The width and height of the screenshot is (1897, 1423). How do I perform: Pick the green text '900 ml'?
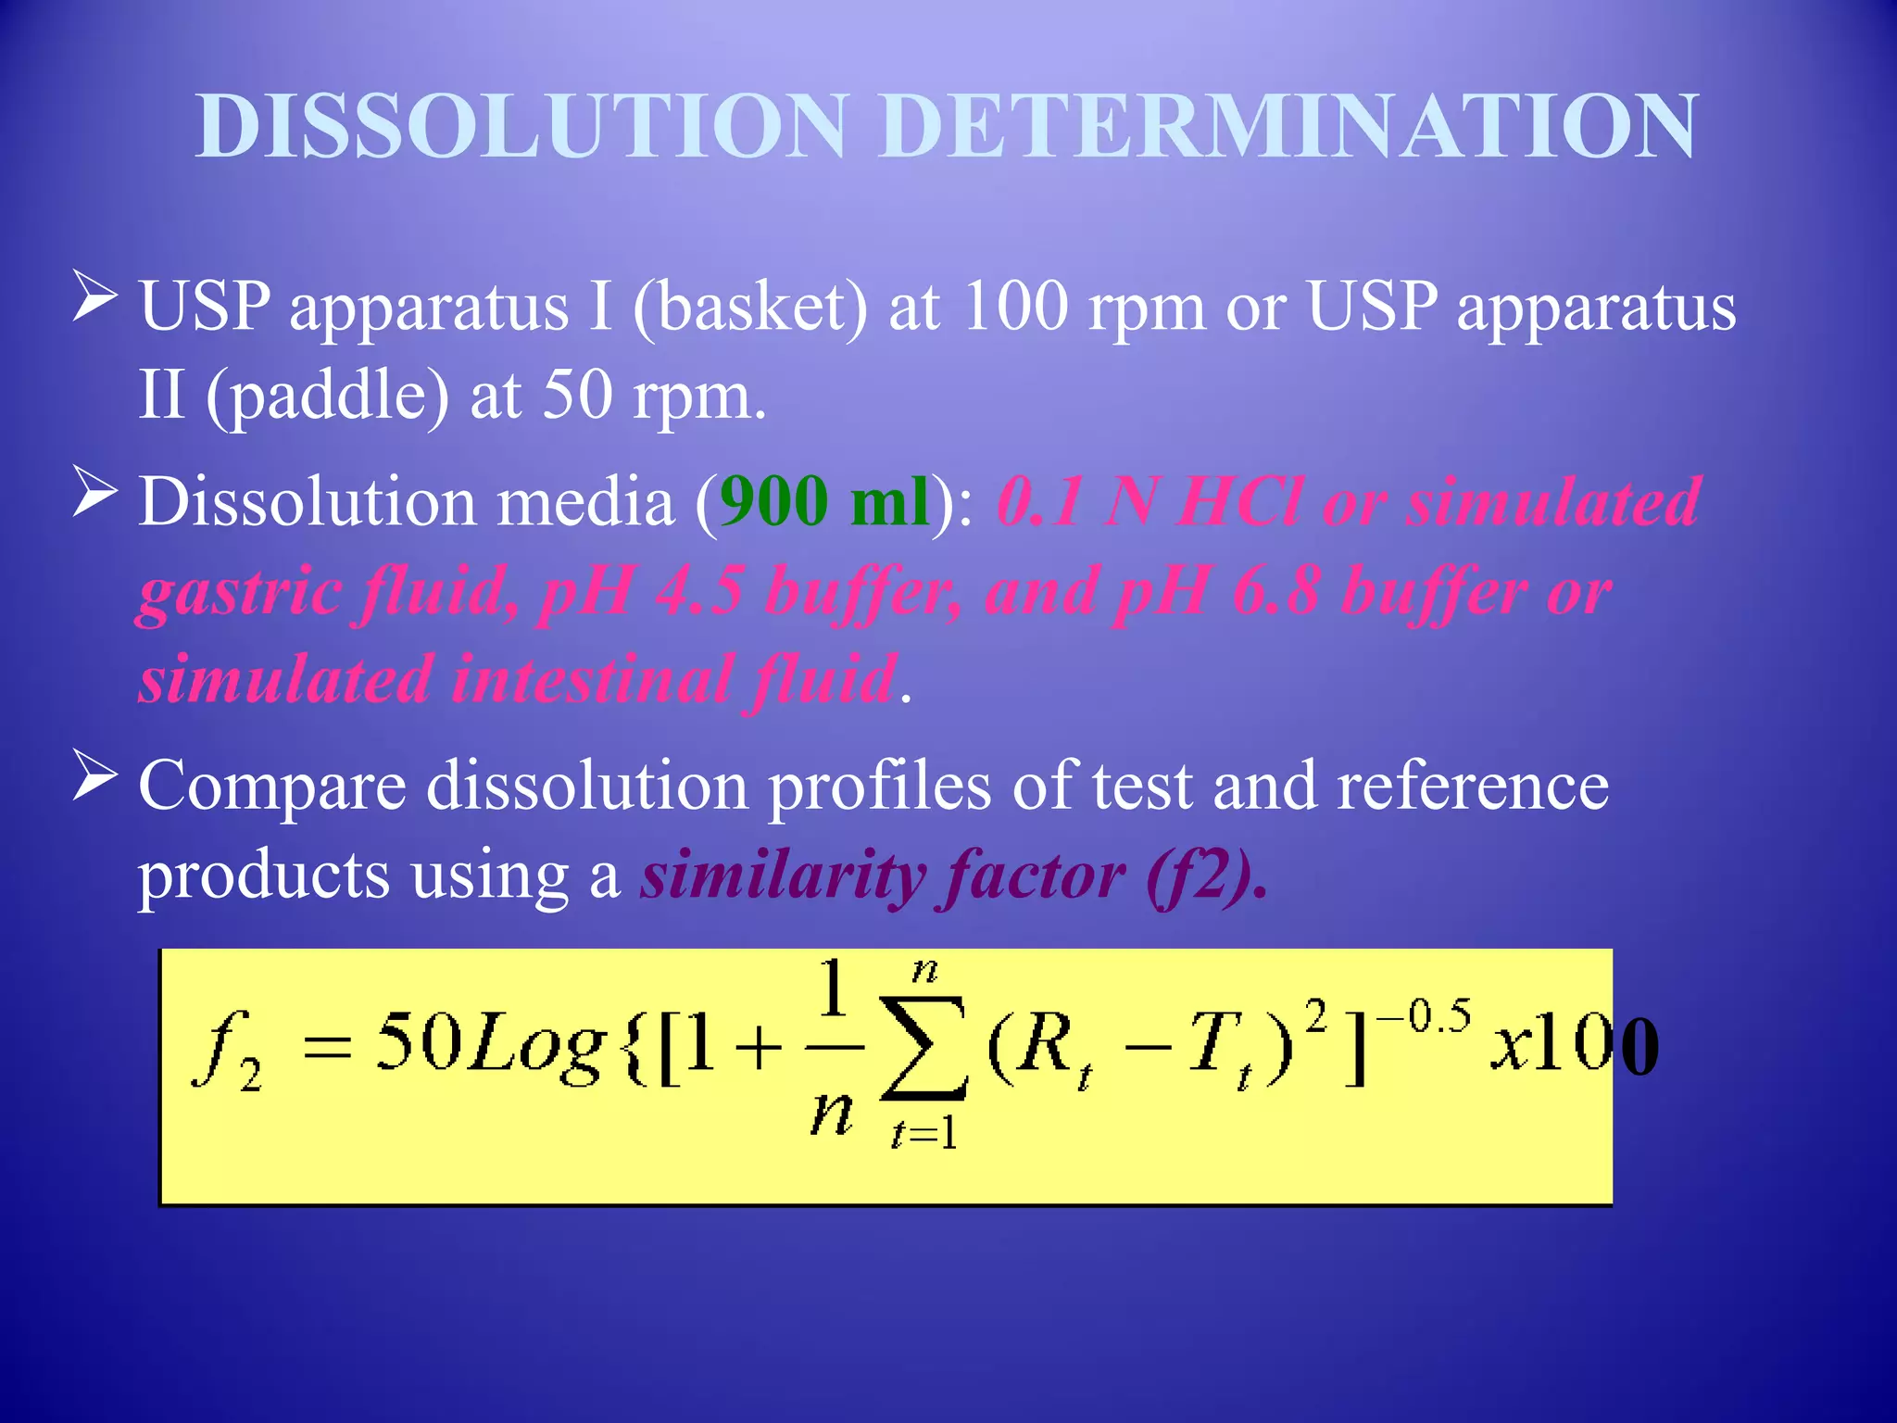[x=824, y=501]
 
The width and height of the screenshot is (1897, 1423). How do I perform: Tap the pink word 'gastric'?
[x=240, y=593]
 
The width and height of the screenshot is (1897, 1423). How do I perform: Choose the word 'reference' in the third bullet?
[x=1473, y=786]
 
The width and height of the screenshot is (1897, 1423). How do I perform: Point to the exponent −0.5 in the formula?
[x=1424, y=1017]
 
